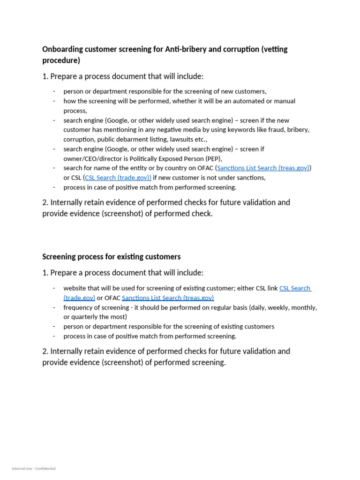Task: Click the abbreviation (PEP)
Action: point(213,158)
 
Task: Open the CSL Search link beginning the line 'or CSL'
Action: point(118,178)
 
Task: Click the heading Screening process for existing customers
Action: point(111,257)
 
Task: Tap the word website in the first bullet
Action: point(75,288)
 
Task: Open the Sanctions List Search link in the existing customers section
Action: point(168,298)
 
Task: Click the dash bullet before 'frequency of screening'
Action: point(54,307)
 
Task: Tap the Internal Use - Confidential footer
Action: point(34,468)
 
